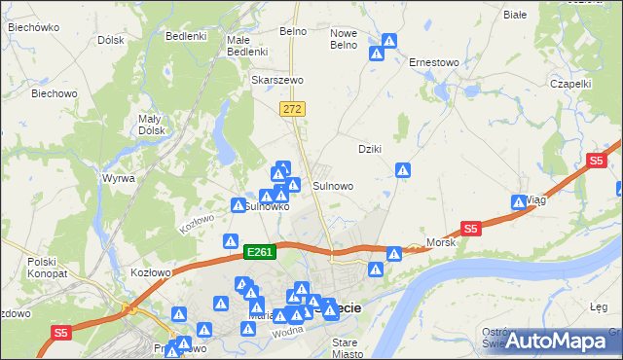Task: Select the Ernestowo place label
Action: (x=433, y=62)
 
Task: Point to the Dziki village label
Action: (x=369, y=149)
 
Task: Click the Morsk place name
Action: (x=441, y=241)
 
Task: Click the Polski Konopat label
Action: (x=44, y=268)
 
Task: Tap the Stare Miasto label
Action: (x=345, y=348)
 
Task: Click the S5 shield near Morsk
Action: (x=471, y=230)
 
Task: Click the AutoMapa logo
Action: (x=556, y=340)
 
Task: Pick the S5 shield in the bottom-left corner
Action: (x=61, y=333)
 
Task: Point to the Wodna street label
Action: (x=287, y=330)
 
